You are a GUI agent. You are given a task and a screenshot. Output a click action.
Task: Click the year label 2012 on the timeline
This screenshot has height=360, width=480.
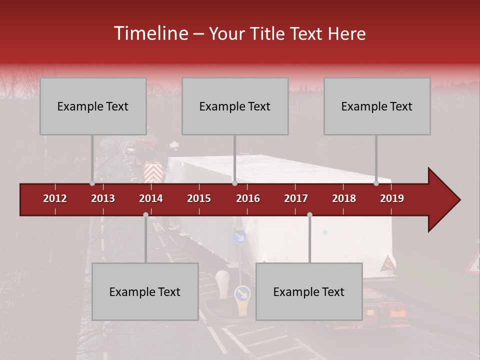(55, 198)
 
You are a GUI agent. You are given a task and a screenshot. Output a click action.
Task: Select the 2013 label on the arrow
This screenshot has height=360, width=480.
(103, 198)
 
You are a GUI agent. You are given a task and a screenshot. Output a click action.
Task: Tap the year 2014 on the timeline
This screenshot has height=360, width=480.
(151, 198)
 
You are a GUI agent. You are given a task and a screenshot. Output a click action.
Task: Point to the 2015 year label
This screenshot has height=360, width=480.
(199, 198)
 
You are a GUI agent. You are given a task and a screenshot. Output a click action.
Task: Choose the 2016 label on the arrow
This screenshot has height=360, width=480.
(248, 198)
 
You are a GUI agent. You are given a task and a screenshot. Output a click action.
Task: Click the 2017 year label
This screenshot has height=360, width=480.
(296, 198)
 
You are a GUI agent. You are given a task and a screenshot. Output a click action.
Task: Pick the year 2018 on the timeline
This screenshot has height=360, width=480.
(344, 198)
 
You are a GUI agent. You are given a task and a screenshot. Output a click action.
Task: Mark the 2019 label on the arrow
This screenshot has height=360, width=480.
(392, 198)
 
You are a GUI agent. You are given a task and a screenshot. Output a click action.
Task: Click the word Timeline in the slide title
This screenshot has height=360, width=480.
(150, 33)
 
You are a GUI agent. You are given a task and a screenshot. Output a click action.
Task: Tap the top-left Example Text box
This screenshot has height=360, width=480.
(93, 106)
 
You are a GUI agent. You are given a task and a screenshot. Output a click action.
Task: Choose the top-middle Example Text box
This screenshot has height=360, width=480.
(235, 106)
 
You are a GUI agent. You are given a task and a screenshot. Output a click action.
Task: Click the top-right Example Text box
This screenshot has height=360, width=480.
(377, 106)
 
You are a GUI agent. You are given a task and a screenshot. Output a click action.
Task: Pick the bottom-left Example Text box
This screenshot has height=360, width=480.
(145, 291)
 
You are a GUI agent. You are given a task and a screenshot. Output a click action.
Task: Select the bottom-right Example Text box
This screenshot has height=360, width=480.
(309, 291)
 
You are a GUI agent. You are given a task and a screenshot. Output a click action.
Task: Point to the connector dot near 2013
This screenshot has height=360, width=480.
(92, 183)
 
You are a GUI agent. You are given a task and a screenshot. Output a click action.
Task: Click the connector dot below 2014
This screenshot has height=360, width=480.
(145, 215)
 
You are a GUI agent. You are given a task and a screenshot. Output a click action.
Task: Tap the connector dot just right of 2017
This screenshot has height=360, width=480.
(309, 215)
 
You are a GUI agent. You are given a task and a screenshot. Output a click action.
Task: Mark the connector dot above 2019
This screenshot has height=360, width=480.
(376, 183)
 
